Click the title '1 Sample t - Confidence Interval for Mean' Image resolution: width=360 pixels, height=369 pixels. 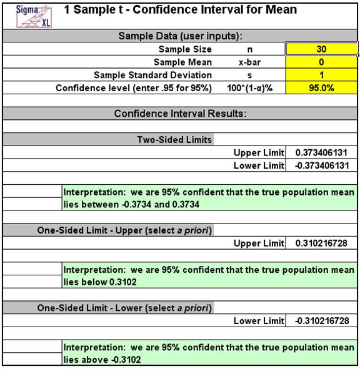tap(181, 10)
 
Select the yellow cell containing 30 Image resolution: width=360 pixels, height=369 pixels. tap(321, 49)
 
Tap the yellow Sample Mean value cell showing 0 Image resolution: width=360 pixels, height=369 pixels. tap(321, 62)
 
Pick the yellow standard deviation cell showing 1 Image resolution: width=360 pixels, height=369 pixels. tap(321, 75)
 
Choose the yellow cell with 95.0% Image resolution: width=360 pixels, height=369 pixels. tap(321, 88)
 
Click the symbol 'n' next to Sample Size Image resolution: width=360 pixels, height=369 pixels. tap(249, 49)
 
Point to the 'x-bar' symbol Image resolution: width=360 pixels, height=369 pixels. tap(249, 62)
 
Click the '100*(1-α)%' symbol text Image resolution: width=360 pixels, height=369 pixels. tap(249, 88)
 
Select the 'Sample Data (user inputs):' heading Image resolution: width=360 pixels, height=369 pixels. tap(180, 36)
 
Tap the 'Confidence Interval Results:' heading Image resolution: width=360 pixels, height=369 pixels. tap(180, 114)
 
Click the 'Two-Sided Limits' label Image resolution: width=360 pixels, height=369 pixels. tap(174, 140)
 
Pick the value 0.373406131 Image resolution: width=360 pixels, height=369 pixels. tap(321, 153)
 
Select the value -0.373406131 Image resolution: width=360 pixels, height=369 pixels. tap(321, 166)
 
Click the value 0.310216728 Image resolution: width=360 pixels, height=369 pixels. tap(321, 242)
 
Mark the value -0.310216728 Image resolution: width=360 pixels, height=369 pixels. tap(321, 320)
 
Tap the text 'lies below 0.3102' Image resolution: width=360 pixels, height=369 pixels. tap(100, 282)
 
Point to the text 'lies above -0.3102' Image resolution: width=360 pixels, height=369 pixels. tap(101, 360)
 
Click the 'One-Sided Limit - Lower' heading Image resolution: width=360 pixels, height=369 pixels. tap(124, 308)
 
